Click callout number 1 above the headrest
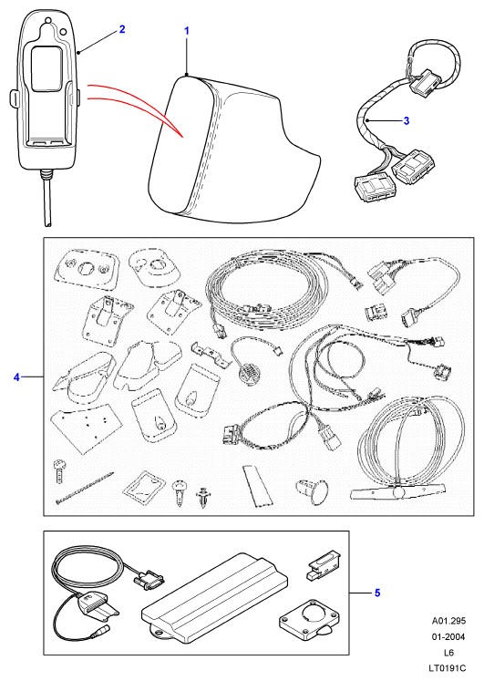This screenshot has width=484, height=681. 187,31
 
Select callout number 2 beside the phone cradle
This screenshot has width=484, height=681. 122,29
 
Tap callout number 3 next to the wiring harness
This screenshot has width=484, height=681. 407,120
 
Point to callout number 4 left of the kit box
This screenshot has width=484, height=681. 16,377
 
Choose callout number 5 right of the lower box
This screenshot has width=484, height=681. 377,593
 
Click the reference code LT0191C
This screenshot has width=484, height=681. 448,668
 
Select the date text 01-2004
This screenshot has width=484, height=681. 448,636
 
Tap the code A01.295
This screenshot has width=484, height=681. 448,621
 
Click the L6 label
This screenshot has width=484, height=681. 448,653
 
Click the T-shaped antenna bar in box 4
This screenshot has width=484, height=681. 397,491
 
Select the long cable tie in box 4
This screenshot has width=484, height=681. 85,488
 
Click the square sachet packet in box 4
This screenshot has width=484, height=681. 144,487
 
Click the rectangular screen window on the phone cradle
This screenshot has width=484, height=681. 46,69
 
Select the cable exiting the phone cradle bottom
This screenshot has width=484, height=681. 46,199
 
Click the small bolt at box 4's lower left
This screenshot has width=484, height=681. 59,470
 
